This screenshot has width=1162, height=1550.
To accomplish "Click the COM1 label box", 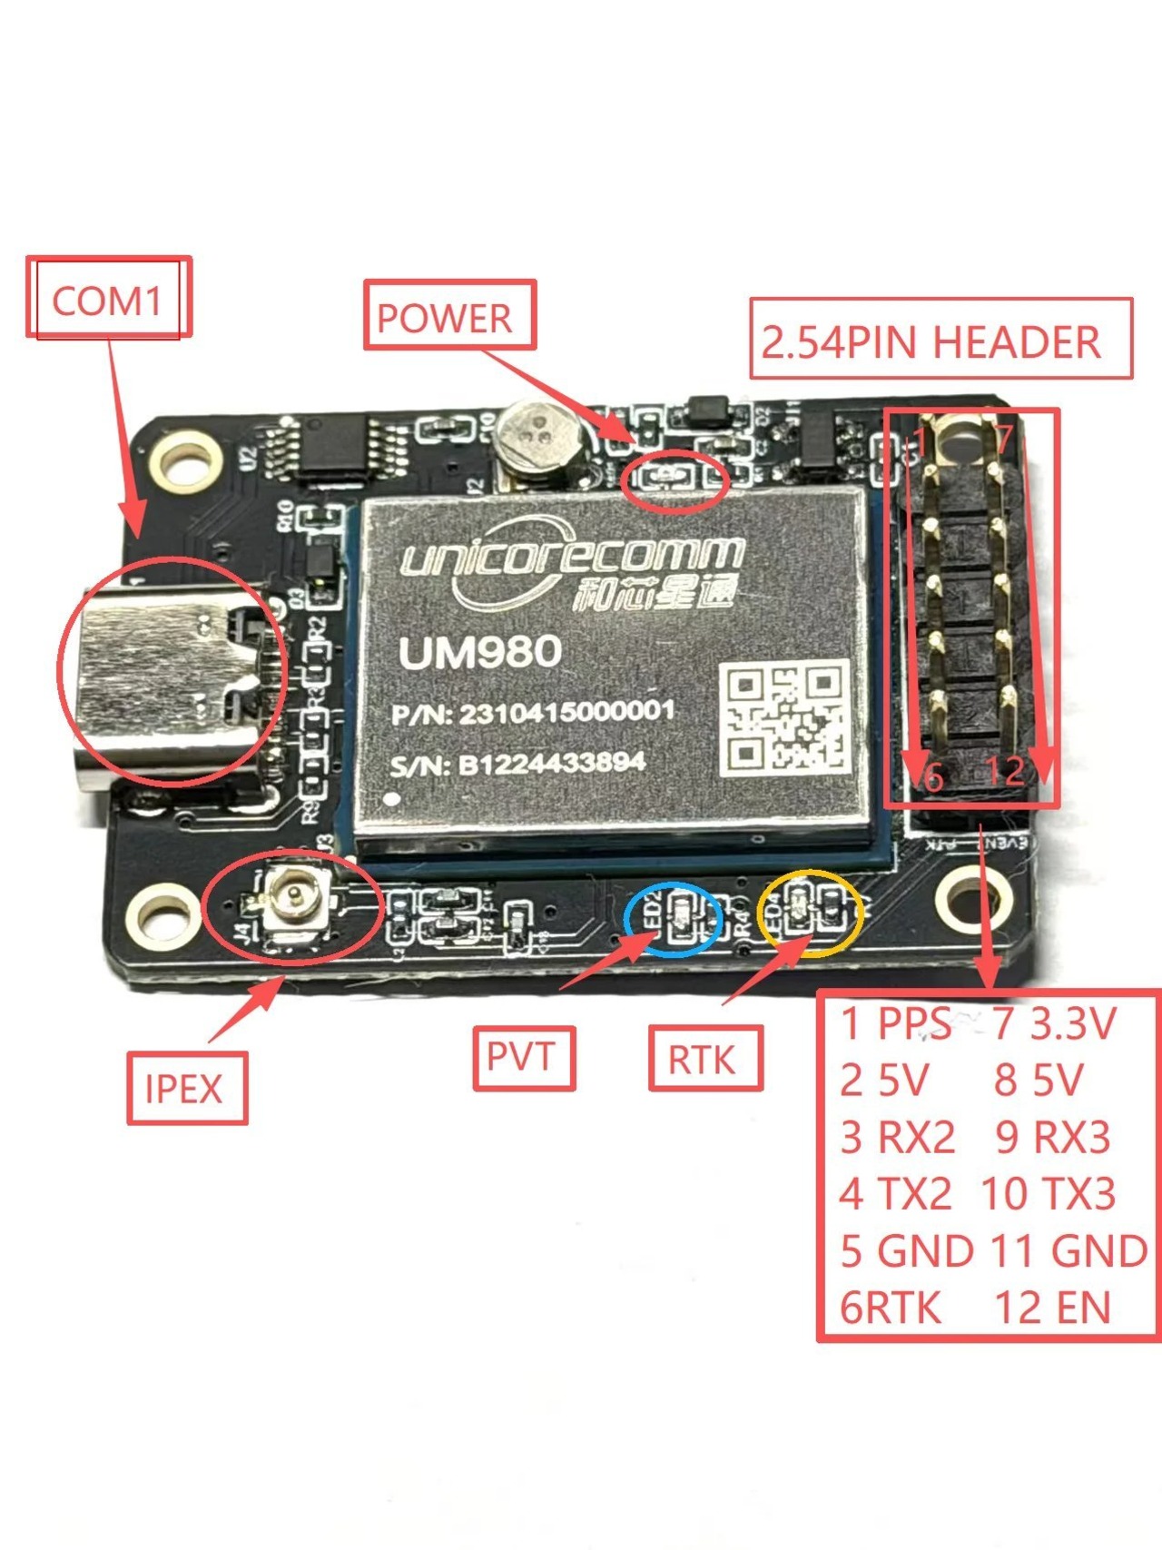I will [x=108, y=299].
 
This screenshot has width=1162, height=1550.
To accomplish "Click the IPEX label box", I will [x=185, y=1088].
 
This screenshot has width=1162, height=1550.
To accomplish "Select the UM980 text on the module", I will [x=480, y=652].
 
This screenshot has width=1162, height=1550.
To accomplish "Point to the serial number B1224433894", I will [x=552, y=763].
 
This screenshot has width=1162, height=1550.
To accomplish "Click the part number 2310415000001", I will [x=566, y=712].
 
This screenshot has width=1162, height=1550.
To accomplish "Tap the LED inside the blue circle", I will [x=680, y=915].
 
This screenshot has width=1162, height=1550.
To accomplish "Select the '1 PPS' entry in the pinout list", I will [x=895, y=1024].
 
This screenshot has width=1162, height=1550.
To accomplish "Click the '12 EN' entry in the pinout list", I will [x=1053, y=1308].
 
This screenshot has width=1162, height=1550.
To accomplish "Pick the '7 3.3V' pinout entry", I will [x=1053, y=1024].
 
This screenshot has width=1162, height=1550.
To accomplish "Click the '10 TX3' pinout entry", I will [x=1049, y=1194].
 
